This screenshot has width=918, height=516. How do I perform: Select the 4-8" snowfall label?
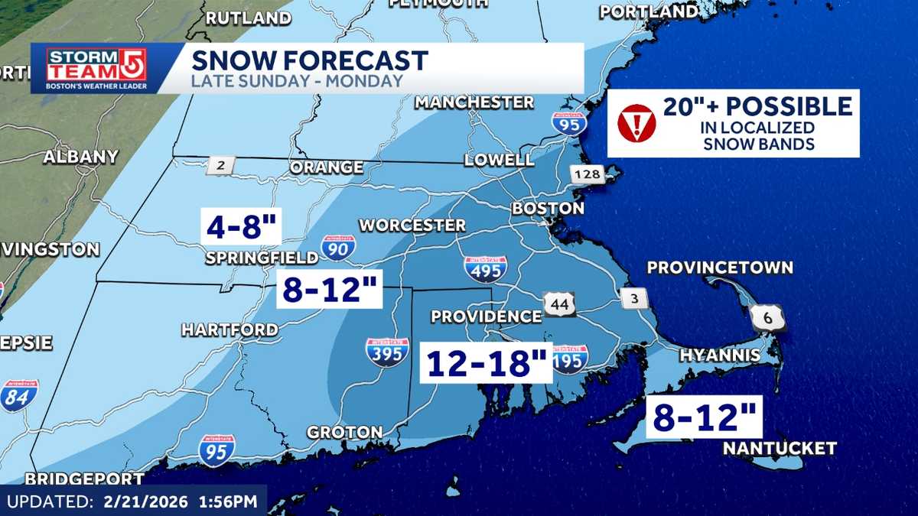(x=243, y=227)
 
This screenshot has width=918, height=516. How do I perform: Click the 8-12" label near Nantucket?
(x=705, y=417)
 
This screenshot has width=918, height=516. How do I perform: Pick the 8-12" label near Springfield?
(x=330, y=288)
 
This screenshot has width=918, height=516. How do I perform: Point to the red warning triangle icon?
(x=636, y=123)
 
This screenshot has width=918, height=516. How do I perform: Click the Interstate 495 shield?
(x=485, y=268)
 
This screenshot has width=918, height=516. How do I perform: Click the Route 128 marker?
(x=588, y=174)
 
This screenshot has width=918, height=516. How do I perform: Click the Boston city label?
(x=548, y=208)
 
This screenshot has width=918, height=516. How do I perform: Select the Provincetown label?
(x=720, y=268)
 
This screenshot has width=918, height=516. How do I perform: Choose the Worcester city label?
(x=412, y=226)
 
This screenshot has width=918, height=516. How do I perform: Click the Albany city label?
(x=80, y=157)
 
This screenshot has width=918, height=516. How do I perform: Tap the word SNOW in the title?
(x=229, y=60)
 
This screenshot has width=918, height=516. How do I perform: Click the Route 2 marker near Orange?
(x=220, y=165)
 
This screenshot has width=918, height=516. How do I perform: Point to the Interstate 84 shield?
(x=18, y=396)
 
